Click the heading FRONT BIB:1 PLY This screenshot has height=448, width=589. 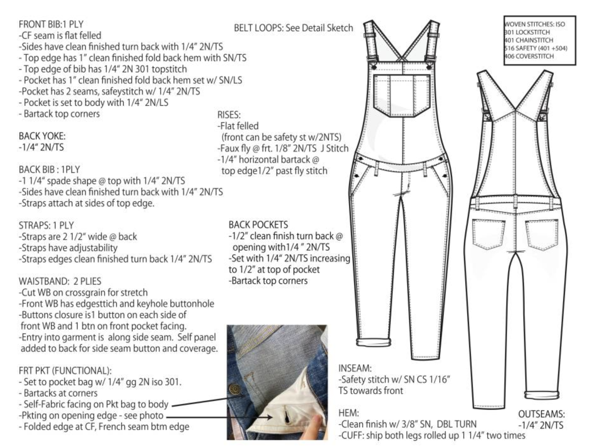(x=51, y=24)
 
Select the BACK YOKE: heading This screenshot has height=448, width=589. (x=42, y=136)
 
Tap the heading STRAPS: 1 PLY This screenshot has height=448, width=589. (x=46, y=225)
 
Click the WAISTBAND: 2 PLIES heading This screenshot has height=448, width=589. (x=60, y=281)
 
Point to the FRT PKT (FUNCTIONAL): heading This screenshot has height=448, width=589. (x=65, y=371)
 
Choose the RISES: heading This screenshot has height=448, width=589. (x=229, y=115)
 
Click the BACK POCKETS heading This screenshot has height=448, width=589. (x=258, y=225)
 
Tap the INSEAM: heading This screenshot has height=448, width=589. (x=355, y=368)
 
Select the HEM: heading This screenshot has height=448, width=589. (x=348, y=413)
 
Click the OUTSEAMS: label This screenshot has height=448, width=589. (x=541, y=414)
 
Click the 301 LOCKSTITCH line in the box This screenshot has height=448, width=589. (x=527, y=32)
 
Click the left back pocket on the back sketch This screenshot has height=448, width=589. (x=488, y=234)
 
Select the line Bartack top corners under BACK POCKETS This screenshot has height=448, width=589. (x=268, y=281)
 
